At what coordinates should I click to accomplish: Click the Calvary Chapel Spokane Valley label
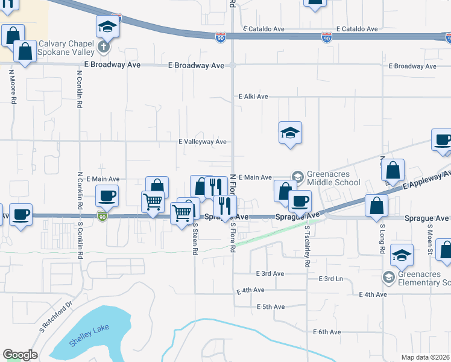pyautogui.click(x=66, y=48)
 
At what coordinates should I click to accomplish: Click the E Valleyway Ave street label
pyautogui.click(x=202, y=142)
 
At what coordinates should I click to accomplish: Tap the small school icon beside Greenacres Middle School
pyautogui.click(x=297, y=176)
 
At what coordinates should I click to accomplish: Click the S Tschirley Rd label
pyautogui.click(x=307, y=249)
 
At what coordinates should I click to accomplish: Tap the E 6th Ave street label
pyautogui.click(x=326, y=332)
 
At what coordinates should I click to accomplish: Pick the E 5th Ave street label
pyautogui.click(x=270, y=307)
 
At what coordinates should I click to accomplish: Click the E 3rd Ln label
pyautogui.click(x=330, y=279)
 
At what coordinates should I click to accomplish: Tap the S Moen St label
pyautogui.click(x=430, y=238)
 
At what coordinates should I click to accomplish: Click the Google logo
pyautogui.click(x=20, y=355)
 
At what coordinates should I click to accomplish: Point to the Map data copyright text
pyautogui.click(x=426, y=357)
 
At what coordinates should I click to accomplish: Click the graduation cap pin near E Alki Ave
pyautogui.click(x=290, y=132)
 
